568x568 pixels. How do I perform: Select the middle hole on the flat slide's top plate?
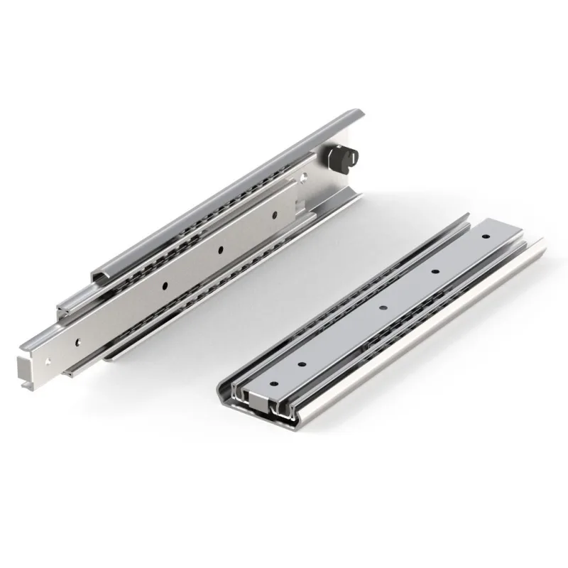click(x=382, y=307)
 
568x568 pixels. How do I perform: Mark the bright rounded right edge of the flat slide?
click(x=426, y=341)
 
